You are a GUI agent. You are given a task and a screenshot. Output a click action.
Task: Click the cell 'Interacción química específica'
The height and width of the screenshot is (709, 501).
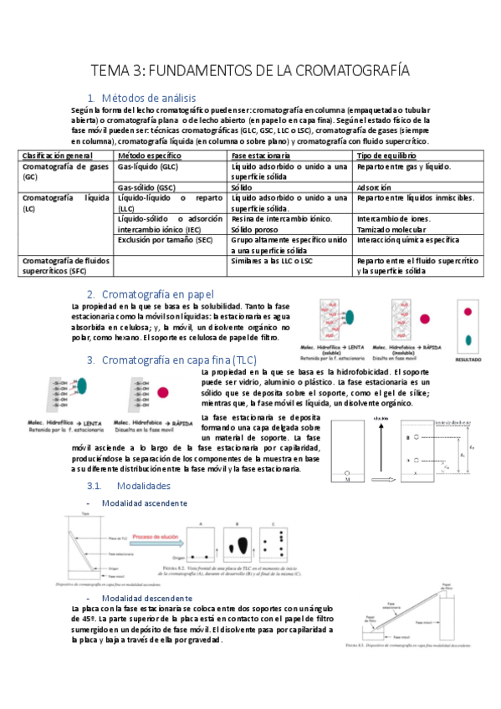[407, 239]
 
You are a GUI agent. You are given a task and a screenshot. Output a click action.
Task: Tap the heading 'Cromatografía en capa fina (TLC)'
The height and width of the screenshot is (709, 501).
[177, 360]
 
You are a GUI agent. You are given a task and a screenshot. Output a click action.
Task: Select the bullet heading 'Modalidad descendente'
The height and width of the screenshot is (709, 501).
[146, 599]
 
